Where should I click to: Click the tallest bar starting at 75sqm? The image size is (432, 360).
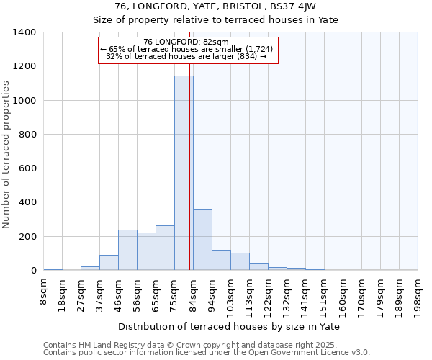point(184,173)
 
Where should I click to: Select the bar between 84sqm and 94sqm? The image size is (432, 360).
point(202,240)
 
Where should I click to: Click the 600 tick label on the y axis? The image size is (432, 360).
point(27,168)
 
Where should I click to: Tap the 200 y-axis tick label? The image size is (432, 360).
point(27,237)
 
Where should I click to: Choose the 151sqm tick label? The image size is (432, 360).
point(325,295)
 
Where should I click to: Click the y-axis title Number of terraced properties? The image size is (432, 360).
point(7,155)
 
